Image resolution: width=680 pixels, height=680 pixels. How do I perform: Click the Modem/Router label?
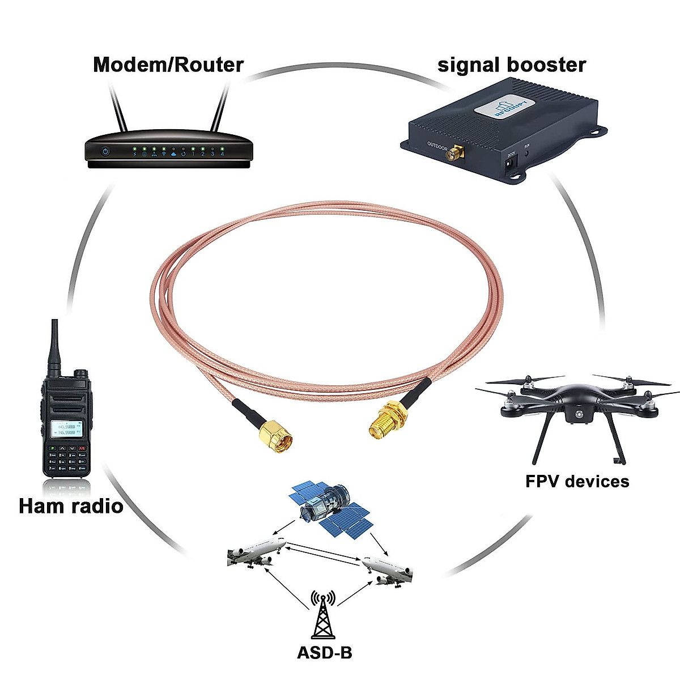coord(168,65)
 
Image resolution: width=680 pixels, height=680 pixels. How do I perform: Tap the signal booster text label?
coord(511,65)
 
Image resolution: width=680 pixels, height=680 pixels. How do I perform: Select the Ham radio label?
coord(71,505)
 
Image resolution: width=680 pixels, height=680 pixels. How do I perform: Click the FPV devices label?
coord(577,481)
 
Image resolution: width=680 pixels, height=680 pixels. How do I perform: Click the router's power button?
coord(105,152)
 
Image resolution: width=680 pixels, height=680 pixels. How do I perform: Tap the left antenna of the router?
coord(118,110)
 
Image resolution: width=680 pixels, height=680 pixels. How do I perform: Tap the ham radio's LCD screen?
coord(67,428)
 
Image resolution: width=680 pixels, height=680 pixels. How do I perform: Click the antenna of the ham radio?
coord(55,348)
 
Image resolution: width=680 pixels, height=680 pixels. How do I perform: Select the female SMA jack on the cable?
coord(385,421)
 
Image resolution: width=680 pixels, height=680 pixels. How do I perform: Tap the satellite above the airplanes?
coord(329,510)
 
